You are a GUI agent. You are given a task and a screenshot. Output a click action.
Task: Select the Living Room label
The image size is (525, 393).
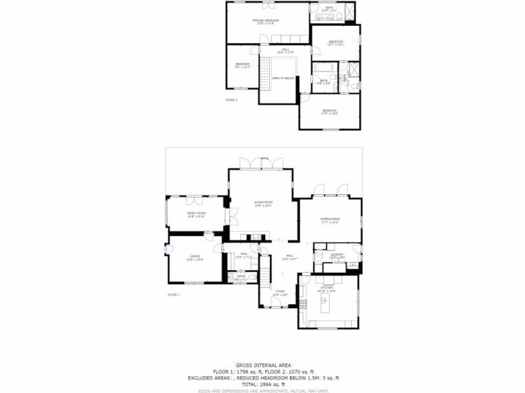tap(262, 203)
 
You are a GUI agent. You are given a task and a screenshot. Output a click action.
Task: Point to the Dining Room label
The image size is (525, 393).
tap(331, 219)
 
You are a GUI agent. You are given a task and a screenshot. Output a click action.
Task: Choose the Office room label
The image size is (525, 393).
tap(195, 256)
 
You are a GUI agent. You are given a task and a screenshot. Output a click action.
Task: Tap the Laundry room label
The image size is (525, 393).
tap(337, 254)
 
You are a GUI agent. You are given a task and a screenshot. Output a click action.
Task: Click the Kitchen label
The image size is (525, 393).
tap(327, 288)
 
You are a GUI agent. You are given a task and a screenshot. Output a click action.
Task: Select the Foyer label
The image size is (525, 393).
tap(280, 292)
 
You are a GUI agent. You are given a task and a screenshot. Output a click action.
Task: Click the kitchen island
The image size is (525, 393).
tap(324, 305)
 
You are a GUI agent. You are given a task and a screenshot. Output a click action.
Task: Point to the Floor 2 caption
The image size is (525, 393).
tap(231, 100)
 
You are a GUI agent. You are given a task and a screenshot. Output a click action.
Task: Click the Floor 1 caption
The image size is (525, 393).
tap(174, 295)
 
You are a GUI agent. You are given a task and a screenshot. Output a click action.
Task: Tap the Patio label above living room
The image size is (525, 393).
tap(265, 159)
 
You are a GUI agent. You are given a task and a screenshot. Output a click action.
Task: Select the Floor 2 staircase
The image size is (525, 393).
tap(265, 75)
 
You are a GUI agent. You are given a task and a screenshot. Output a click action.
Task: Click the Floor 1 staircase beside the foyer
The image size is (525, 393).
tap(265, 279)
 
